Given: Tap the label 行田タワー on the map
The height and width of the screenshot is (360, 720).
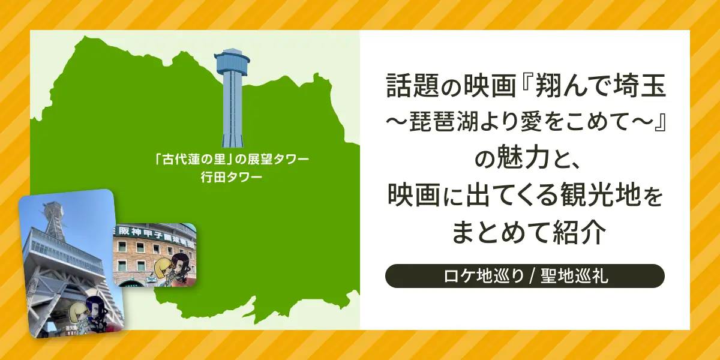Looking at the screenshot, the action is click(232, 177).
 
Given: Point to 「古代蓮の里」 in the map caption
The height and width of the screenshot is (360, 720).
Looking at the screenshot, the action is click(193, 159).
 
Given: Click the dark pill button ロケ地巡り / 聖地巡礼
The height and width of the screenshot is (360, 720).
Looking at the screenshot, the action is click(524, 276).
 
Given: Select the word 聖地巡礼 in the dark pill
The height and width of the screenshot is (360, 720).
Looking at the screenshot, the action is click(574, 276).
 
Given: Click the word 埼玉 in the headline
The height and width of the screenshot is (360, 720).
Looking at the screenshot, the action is click(640, 86).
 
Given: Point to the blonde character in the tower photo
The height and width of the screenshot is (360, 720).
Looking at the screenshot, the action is click(78, 317).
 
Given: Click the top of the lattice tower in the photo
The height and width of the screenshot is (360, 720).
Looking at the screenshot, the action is click(53, 204).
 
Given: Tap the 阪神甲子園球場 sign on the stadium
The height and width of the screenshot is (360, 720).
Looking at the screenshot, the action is click(154, 233).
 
